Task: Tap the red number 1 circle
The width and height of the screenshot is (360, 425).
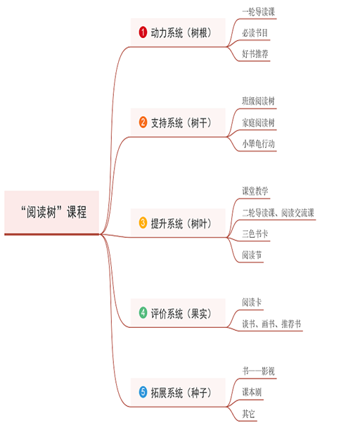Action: (x=143, y=32)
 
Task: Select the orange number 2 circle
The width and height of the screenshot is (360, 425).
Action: (x=143, y=122)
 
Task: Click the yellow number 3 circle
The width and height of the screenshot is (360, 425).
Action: (x=143, y=223)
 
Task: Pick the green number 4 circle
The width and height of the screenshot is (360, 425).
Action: (x=143, y=313)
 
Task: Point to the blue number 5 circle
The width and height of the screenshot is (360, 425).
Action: (x=143, y=392)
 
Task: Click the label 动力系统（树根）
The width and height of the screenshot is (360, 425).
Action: (x=181, y=33)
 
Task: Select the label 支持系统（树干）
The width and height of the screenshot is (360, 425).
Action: (x=181, y=122)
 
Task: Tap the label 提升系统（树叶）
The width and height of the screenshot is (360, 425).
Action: (x=181, y=223)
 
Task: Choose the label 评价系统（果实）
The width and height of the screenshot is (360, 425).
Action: (x=181, y=313)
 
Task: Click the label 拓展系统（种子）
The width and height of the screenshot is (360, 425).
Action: (x=181, y=393)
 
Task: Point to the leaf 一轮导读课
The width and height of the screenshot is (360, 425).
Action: (x=259, y=12)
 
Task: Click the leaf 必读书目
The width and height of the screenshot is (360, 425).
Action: (x=255, y=33)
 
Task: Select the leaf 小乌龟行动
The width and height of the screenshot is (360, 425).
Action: (x=259, y=144)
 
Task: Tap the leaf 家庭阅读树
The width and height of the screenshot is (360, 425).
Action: (x=259, y=122)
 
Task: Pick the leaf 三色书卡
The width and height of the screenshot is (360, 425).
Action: (x=255, y=234)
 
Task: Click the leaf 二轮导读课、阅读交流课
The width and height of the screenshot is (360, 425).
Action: (x=278, y=212)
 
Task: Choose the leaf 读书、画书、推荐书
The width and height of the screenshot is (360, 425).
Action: (x=271, y=324)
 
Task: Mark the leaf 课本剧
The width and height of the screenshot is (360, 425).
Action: (x=252, y=392)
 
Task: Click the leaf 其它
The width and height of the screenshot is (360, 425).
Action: (x=248, y=414)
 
